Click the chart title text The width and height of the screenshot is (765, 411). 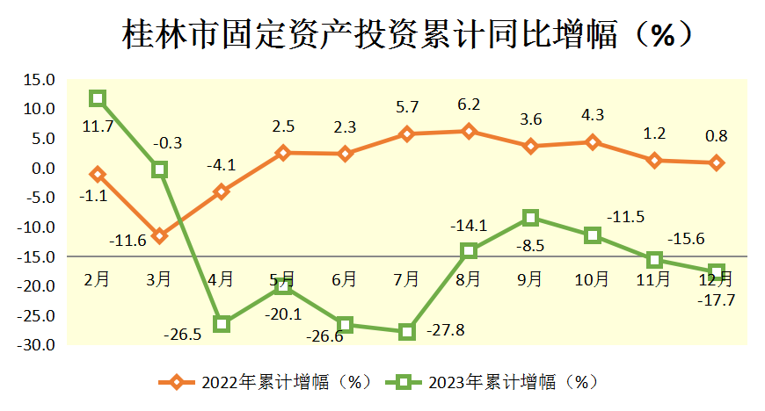click(399, 35)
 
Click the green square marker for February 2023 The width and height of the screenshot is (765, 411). click(98, 98)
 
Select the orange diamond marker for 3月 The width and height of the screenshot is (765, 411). click(159, 235)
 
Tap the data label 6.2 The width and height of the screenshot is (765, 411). click(469, 105)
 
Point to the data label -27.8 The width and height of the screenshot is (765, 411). click(445, 331)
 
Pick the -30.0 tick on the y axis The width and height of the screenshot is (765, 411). click(37, 345)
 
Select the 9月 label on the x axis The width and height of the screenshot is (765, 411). click(530, 279)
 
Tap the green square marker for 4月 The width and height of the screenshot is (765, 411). click(222, 324)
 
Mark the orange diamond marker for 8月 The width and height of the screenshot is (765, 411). click(469, 132)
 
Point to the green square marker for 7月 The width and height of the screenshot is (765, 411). click(406, 332)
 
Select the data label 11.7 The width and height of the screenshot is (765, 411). click(98, 126)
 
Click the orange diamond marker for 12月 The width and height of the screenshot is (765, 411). click(717, 162)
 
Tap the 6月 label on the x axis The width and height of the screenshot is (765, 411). click(345, 279)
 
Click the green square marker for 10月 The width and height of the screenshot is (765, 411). click(593, 235)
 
